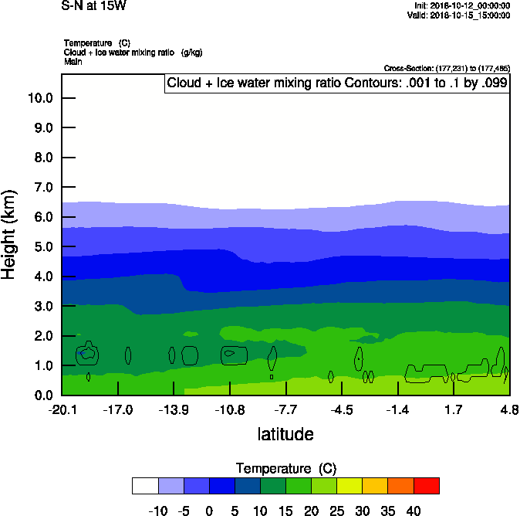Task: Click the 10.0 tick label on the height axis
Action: (39, 98)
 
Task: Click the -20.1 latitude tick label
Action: (62, 409)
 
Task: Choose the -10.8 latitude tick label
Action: (230, 409)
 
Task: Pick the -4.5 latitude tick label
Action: (342, 409)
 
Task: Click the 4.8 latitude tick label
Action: (509, 409)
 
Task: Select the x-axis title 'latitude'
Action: (285, 434)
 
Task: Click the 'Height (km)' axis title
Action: (10, 234)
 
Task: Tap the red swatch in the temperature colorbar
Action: (427, 486)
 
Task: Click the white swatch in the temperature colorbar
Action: (145, 486)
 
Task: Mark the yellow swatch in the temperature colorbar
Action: (349, 486)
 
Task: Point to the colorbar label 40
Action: (414, 511)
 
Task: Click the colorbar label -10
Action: (158, 511)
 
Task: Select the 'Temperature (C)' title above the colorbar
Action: (285, 469)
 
